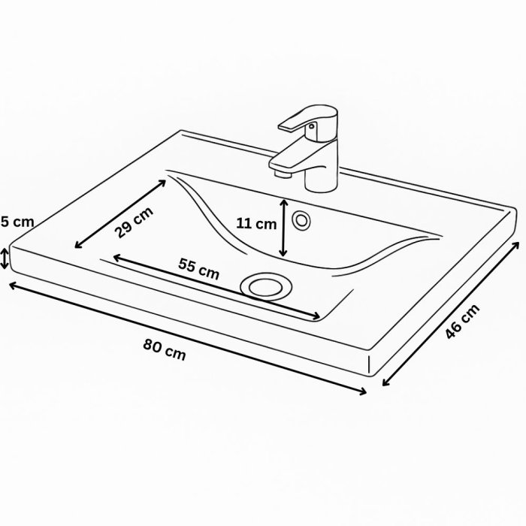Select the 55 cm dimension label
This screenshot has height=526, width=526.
[x=199, y=268]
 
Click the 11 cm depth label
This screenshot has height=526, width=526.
[x=256, y=223]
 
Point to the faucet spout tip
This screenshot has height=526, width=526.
[x=281, y=173]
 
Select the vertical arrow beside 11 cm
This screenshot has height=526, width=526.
[x=283, y=227]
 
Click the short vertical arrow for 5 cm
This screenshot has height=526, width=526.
[x=6, y=258]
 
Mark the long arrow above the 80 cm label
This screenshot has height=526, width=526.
[x=188, y=338]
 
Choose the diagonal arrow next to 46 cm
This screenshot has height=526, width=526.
[x=451, y=313]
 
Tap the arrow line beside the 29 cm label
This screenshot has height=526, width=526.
[x=120, y=213]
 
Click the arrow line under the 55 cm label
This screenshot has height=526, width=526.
[x=218, y=288]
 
